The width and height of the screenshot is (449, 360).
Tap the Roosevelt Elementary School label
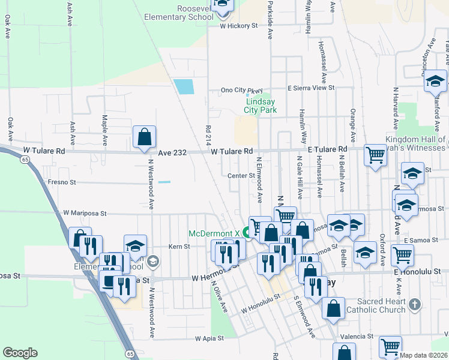[x=178, y=13]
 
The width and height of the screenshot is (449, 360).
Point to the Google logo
[x=20, y=353]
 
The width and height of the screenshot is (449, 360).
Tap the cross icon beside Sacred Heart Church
[x=413, y=305]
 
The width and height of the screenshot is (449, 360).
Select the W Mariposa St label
[x=85, y=213]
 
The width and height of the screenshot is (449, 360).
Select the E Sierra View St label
[x=310, y=88]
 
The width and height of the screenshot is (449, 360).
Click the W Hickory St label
[x=238, y=26]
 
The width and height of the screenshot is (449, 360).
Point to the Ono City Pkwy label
[x=234, y=91]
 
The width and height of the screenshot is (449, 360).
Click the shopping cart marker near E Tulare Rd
[x=375, y=155]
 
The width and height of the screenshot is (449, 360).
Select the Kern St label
[x=179, y=246]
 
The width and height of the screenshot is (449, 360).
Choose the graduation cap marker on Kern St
[x=135, y=245]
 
